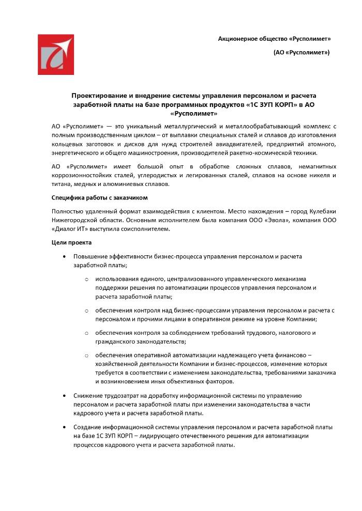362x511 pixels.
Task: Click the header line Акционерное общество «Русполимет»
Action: [274, 39]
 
